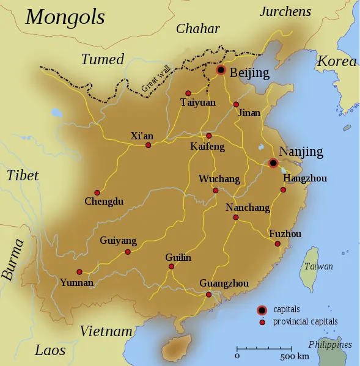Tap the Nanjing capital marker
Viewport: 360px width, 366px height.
click(273, 163)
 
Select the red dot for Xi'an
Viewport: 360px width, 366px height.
click(148, 145)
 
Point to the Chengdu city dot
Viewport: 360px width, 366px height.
click(97, 192)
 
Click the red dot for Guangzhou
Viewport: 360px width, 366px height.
click(208, 295)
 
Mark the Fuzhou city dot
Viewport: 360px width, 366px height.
click(277, 244)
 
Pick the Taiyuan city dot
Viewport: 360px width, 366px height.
click(188, 93)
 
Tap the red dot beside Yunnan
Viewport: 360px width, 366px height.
click(79, 272)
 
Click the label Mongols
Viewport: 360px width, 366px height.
click(65, 17)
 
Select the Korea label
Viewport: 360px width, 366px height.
click(337, 62)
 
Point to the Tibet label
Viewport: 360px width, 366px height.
click(23, 175)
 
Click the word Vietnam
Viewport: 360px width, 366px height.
click(106, 331)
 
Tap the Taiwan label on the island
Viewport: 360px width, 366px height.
click(318, 266)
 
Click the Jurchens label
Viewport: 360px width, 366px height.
click(285, 12)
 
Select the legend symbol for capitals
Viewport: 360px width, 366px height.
click(262, 310)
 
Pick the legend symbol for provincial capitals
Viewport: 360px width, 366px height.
click(262, 322)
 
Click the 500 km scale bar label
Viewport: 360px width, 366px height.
click(295, 356)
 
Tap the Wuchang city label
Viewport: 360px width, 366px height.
click(219, 179)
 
